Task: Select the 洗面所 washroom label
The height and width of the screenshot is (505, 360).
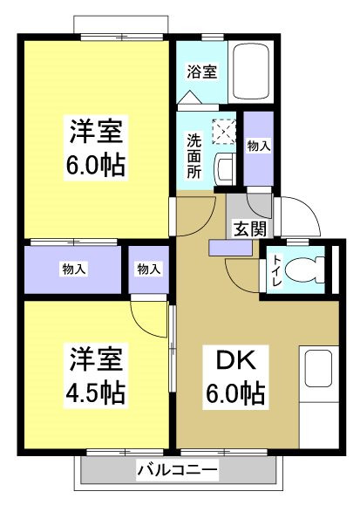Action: [194, 154]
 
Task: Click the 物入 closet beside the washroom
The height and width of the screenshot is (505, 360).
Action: [259, 148]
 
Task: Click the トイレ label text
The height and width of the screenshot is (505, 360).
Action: [275, 270]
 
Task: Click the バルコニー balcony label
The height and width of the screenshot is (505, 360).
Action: [178, 471]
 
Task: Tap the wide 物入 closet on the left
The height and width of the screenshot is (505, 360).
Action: [73, 270]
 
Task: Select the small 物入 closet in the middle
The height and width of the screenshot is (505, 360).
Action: [149, 270]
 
